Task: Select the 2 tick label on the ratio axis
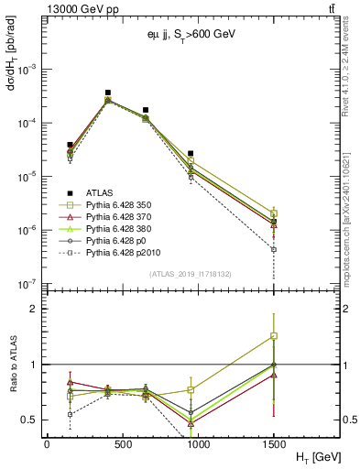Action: pos(35,309)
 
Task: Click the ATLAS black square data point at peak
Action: pos(108,93)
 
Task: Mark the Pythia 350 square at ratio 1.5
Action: pos(274,336)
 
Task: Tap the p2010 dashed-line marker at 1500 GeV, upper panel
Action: pos(274,249)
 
